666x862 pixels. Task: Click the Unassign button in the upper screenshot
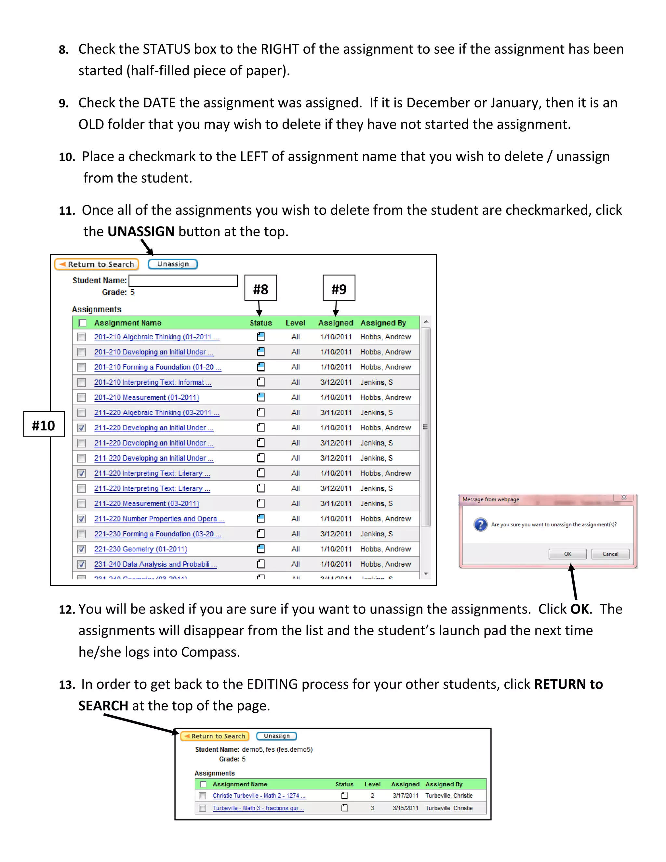tap(172, 264)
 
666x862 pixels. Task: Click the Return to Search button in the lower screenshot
tap(215, 736)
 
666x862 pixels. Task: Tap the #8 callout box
tap(260, 288)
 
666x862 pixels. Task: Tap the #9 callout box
tap(339, 288)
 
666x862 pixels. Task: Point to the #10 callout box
tap(44, 424)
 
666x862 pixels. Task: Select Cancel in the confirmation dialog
tap(610, 554)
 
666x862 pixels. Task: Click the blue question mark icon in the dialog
tap(480, 525)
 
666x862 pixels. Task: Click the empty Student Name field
tap(183, 281)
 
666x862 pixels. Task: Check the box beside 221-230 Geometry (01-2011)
tap(82, 549)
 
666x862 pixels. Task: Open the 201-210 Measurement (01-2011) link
tap(146, 397)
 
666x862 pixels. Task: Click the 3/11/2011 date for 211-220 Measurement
tap(336, 504)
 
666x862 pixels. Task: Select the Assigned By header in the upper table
tap(383, 323)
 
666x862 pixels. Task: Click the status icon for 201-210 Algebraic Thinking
tap(261, 337)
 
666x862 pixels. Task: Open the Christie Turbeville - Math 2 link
tap(259, 796)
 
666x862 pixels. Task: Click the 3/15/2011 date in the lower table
tap(405, 808)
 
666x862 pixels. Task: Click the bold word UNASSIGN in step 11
tap(141, 231)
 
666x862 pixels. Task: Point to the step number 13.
tap(67, 685)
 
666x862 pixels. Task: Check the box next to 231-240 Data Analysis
tap(82, 564)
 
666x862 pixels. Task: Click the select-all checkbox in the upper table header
tap(83, 323)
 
